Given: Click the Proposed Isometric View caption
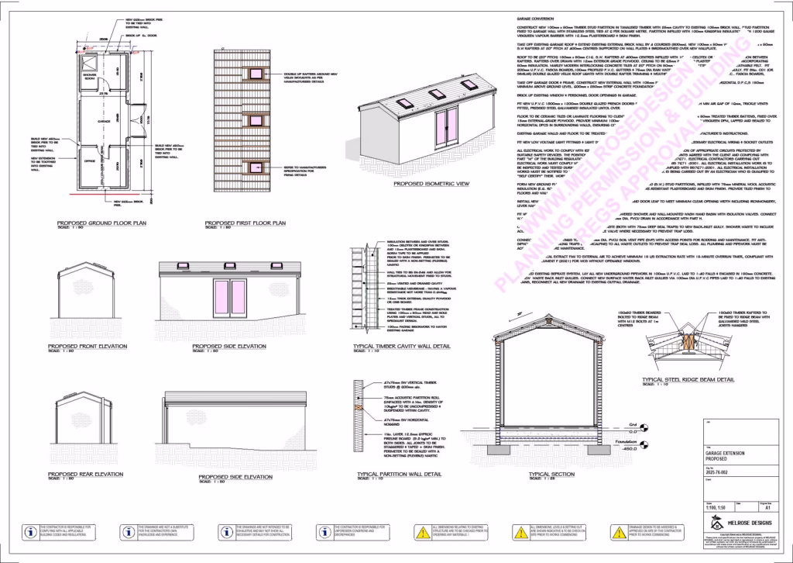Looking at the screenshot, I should (x=432, y=184).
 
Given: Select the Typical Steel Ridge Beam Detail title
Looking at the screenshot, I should (x=688, y=380).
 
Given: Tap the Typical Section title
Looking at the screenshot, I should (x=551, y=473).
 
